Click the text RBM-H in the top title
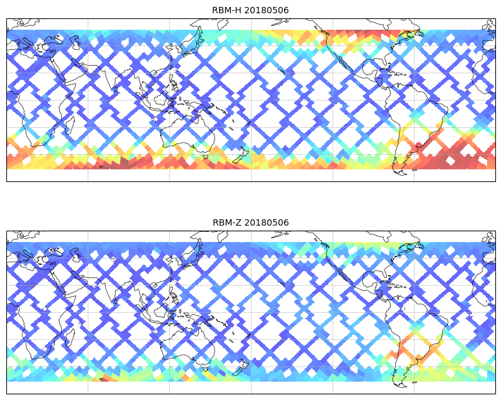227,10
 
